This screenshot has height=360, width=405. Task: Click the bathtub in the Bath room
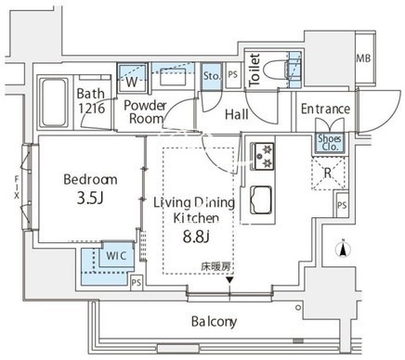tap(54, 102)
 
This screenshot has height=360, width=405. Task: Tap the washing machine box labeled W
tap(132, 78)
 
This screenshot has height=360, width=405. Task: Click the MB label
tap(363, 58)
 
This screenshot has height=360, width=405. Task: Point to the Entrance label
tap(325, 109)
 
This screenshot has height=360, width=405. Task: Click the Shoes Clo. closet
tap(330, 143)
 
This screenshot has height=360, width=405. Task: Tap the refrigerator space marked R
tap(328, 173)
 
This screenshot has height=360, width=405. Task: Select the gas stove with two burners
tap(262, 156)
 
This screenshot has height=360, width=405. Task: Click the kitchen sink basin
tap(261, 199)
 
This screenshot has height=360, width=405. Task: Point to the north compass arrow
tap(343, 249)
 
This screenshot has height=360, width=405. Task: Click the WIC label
tap(116, 256)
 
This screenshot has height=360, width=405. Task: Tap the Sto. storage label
tap(212, 76)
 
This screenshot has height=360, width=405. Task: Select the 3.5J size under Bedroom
tap(90, 199)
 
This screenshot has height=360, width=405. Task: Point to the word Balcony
tap(214, 322)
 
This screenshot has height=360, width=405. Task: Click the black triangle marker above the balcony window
tap(229, 280)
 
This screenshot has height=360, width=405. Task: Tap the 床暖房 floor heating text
tap(216, 266)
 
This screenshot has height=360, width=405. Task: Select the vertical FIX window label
tap(16, 187)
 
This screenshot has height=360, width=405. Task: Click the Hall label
tap(237, 115)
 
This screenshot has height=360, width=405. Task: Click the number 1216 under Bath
tap(91, 109)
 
